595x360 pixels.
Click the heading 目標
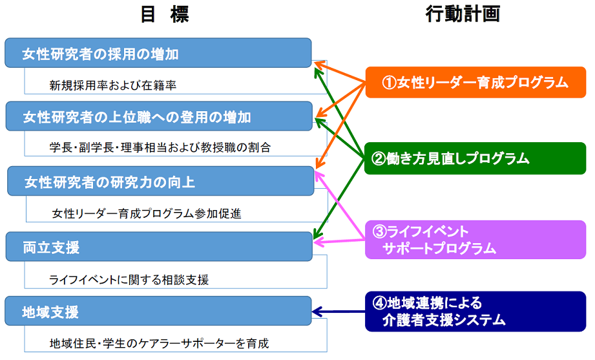164,14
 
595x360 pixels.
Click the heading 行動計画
463,14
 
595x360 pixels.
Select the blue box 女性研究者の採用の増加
158,53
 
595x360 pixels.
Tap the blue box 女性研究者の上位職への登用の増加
159,116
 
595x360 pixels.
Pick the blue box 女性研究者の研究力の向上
161,181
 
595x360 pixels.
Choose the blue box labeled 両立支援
159,246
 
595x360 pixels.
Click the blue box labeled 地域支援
158,311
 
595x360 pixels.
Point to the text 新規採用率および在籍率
112,85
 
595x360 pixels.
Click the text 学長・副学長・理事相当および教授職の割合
160,147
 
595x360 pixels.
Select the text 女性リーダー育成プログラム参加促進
147,213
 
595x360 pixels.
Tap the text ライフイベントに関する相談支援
129,280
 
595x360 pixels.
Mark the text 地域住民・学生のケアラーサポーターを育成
159,343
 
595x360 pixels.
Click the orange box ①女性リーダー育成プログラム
475,82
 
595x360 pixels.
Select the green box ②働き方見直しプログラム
475,158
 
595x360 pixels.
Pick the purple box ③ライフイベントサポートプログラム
475,240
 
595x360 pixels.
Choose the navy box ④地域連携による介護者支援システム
475,312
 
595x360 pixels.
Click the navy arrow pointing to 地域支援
339,312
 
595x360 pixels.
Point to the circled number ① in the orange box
389,82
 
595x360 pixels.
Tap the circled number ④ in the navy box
379,303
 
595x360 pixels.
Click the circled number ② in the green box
379,158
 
